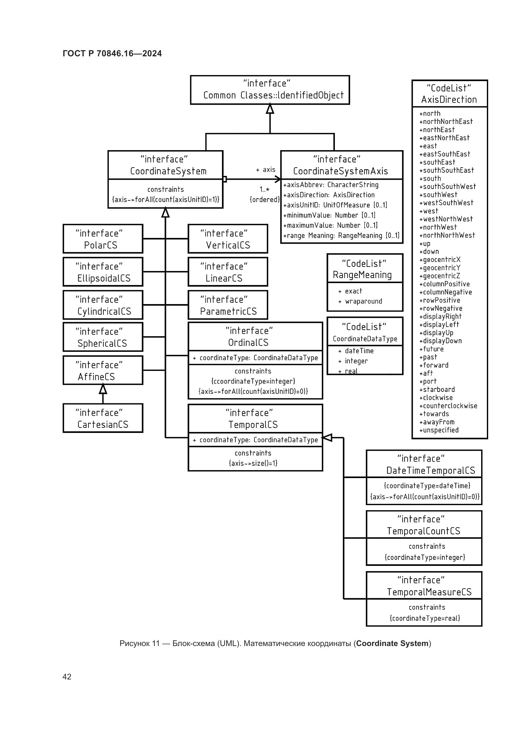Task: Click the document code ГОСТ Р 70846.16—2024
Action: point(112,53)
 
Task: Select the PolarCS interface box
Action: point(103,239)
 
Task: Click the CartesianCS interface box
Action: point(103,418)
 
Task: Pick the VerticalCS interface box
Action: point(228,239)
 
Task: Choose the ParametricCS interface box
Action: point(228,305)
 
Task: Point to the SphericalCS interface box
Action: point(103,337)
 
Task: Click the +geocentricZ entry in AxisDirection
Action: point(439,276)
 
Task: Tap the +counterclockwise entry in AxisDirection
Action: point(448,406)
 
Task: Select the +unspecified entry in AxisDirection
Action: point(439,430)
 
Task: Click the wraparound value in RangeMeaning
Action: point(363,301)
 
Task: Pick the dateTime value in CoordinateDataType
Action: point(359,351)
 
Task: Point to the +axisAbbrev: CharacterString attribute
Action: point(331,185)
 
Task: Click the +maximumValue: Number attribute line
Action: point(330,226)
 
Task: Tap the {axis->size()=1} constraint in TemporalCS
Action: point(253,463)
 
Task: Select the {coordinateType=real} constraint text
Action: point(425,618)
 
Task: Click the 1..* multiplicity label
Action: point(264,190)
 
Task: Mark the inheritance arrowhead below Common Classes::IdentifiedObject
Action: point(270,109)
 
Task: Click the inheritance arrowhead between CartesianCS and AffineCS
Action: point(103,389)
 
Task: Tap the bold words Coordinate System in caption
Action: point(392,643)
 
